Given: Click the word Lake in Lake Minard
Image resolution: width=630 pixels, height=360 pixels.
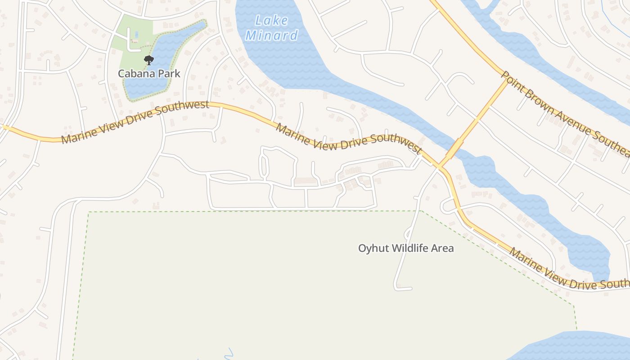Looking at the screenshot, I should (271, 20).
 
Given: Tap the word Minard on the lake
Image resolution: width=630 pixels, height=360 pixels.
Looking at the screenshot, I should (272, 36).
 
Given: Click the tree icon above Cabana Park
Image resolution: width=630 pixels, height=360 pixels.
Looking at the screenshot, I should (148, 60).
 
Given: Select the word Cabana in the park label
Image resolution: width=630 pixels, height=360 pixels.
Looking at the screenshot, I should (135, 73).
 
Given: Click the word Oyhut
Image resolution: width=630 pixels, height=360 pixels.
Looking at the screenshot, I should (373, 248).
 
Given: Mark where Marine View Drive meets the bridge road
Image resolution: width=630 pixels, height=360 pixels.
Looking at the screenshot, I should (439, 166).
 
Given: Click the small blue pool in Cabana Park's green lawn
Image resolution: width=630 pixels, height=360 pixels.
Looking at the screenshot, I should (136, 34).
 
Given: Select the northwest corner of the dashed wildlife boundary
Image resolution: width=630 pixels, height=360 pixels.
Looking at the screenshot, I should (89, 212).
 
